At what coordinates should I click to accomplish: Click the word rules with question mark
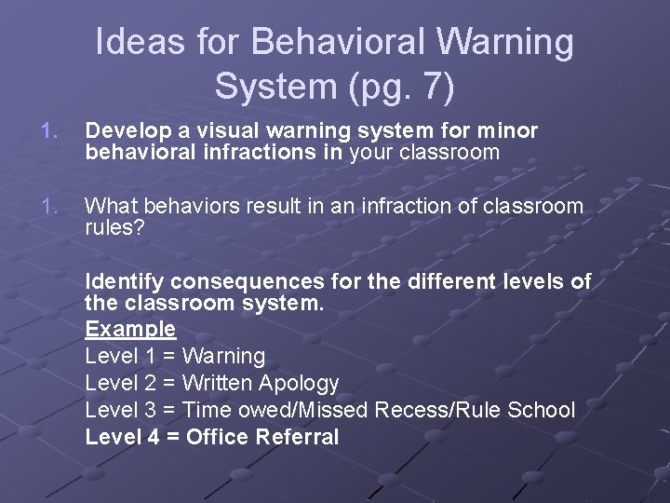tap(114, 226)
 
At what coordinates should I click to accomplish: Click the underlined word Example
tap(130, 329)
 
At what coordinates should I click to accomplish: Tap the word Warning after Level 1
tap(223, 356)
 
